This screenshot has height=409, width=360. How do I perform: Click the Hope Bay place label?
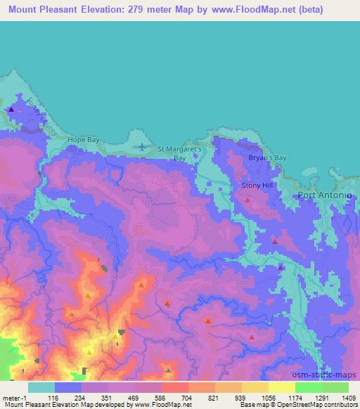[x=84, y=140]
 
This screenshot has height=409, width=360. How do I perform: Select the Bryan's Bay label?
[x=268, y=158]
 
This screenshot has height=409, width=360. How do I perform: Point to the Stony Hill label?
[x=256, y=184]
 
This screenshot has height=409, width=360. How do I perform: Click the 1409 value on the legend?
[x=349, y=397]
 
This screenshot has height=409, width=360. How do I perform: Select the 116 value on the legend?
[x=55, y=397]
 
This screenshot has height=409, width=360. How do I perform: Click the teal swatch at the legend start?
[x=41, y=387]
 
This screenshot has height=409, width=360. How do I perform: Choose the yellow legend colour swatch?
[x=282, y=387]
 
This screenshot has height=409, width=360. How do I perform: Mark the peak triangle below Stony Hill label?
[x=247, y=200]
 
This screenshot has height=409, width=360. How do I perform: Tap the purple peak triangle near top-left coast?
[x=11, y=110]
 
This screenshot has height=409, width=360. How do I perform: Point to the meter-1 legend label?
[x=13, y=397]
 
